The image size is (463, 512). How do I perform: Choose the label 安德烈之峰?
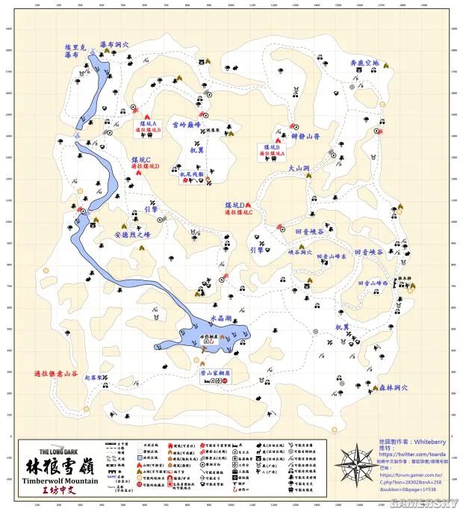[x=133, y=234]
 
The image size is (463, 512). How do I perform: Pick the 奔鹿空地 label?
[x=364, y=63]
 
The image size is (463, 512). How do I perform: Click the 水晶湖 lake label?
[x=222, y=318]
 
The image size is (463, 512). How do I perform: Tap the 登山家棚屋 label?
[x=216, y=371]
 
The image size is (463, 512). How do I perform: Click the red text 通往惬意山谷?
[x=56, y=373]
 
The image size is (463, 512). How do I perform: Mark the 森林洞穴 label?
[x=395, y=387]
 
